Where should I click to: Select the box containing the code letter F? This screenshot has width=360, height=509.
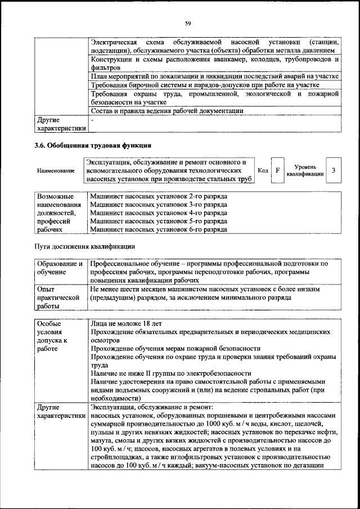(277, 170)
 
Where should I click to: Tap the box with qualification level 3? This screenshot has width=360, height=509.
(334, 170)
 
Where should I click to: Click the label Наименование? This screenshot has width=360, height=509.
(55, 170)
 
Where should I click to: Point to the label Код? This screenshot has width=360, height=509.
(262, 170)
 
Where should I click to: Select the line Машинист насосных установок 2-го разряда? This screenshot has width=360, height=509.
(158, 197)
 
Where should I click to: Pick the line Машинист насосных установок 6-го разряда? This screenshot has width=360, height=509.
(158, 229)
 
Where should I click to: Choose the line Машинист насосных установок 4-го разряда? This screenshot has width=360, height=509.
(158, 213)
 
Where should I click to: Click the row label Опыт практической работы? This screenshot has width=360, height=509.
(56, 297)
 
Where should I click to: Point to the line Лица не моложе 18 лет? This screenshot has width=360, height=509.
(125, 324)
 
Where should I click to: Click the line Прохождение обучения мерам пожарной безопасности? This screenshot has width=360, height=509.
(175, 348)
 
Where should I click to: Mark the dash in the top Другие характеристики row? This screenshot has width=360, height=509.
(92, 119)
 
